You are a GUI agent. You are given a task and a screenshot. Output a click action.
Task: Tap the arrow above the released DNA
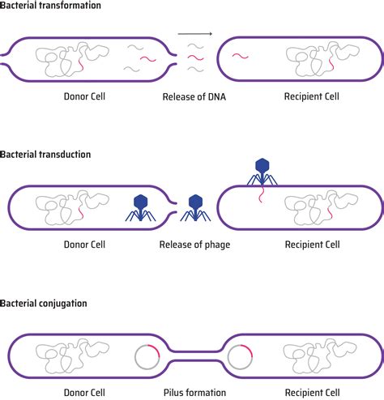194,34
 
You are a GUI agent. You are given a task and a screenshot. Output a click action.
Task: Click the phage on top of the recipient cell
262,171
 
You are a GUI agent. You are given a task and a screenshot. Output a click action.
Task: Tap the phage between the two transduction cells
195,209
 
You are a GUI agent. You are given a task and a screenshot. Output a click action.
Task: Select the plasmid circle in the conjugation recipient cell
241,355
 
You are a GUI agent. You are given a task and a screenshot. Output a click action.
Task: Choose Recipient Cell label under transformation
311,97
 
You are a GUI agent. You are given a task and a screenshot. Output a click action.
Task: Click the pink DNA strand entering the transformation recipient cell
241,56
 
